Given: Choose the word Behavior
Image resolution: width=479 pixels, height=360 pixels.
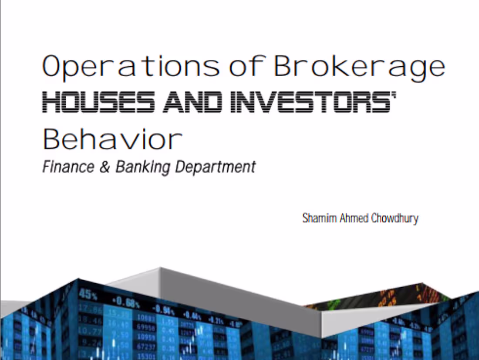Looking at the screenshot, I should tap(112, 139).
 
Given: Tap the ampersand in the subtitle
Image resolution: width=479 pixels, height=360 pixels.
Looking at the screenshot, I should tap(104, 167).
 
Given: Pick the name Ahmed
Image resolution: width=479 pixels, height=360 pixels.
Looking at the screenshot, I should tap(354, 218).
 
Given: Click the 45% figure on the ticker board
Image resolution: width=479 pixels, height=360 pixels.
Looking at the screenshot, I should tap(88, 295).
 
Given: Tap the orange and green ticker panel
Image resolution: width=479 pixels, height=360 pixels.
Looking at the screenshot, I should tap(383, 296).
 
